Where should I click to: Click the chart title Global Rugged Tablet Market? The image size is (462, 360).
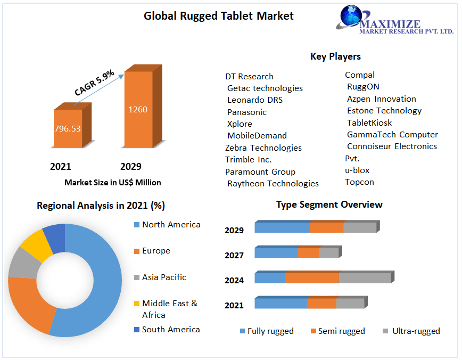[218, 16]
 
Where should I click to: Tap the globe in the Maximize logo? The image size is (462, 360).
[352, 16]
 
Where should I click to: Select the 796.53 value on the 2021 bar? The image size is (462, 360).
[67, 128]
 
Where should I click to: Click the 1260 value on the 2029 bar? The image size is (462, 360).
[137, 110]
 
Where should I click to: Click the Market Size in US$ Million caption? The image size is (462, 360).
[112, 182]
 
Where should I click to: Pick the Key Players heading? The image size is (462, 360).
[335, 56]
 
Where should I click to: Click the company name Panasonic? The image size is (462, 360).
[246, 112]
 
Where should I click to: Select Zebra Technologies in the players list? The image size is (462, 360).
[263, 148]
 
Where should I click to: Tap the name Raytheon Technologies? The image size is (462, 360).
[273, 183]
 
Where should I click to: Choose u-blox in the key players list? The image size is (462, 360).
[357, 170]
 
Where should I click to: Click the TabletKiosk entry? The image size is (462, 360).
[369, 122]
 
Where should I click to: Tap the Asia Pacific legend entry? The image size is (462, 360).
[164, 277]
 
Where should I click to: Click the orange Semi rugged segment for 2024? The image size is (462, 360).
[312, 278]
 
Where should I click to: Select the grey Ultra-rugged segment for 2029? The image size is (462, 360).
[360, 227]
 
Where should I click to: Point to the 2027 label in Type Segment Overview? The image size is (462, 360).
[234, 255]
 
